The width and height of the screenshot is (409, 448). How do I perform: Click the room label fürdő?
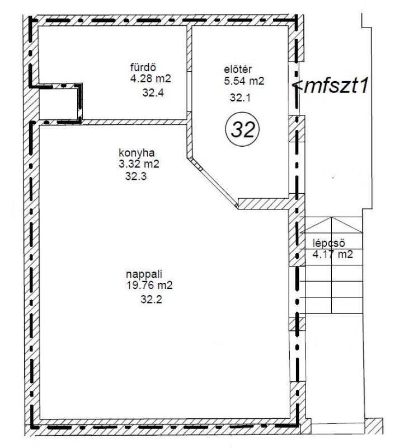143,67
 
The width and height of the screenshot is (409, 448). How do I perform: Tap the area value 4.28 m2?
151,78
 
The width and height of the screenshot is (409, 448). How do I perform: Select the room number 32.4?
153,93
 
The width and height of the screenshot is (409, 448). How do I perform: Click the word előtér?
238,69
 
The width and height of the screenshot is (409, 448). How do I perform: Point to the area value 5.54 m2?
244,81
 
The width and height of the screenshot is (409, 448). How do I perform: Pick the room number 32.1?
240,97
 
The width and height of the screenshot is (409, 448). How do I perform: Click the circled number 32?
242,129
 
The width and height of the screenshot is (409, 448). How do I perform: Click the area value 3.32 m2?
139,164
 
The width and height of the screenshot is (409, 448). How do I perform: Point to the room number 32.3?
136,176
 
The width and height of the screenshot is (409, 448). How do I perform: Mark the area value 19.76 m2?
149,285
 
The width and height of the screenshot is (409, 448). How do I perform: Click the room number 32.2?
151,300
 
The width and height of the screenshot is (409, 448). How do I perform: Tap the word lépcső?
329,243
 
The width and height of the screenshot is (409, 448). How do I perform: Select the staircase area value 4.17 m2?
333,254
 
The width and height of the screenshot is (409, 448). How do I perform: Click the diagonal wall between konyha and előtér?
213,183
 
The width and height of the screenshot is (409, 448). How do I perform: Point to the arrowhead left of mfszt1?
298,86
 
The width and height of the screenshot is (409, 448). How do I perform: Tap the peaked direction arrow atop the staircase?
332,225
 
